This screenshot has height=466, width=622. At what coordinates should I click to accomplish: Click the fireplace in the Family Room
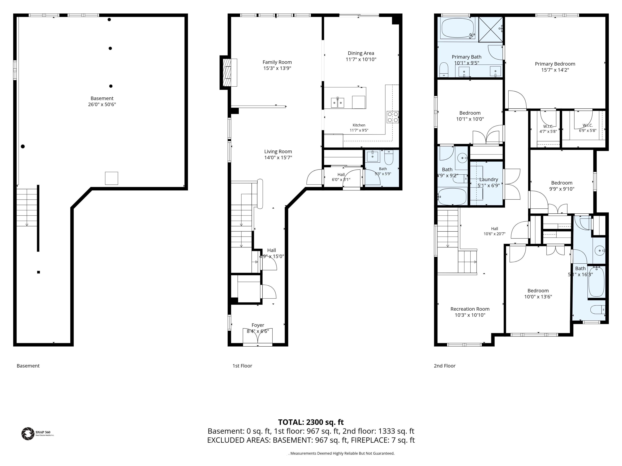click(x=228, y=72)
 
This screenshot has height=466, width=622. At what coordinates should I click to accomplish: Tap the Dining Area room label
click(x=361, y=53)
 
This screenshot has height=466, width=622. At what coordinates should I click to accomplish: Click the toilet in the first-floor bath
click(x=389, y=158)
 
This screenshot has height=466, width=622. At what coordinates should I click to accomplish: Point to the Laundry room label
click(x=488, y=179)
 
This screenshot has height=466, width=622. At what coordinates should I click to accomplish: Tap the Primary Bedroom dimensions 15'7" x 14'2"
click(x=555, y=70)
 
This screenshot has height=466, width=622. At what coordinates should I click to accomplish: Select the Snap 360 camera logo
click(x=28, y=434)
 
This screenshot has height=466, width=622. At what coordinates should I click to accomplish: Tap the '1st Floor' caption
click(x=242, y=366)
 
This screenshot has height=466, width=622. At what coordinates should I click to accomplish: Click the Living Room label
click(x=278, y=151)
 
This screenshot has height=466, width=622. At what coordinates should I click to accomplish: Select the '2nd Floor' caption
click(x=445, y=366)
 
